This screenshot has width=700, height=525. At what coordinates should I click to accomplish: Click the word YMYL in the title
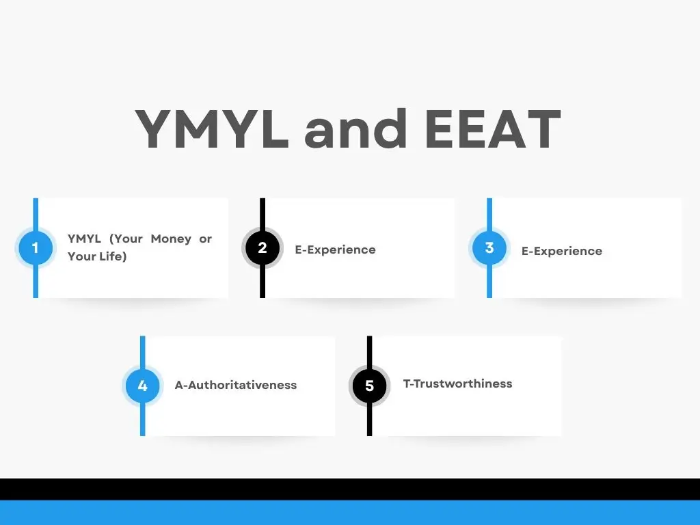coord(212,129)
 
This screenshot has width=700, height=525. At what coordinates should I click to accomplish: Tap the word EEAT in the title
coord(493,129)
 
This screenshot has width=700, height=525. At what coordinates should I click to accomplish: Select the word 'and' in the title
coord(355,128)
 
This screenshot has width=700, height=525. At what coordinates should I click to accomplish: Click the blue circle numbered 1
coord(36,247)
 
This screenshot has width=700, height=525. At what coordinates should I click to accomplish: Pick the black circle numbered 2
coord(262,247)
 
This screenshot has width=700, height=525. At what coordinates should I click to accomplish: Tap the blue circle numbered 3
coord(489,247)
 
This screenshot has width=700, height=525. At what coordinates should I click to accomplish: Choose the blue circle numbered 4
coord(142,386)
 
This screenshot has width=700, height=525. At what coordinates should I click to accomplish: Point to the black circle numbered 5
coord(369,386)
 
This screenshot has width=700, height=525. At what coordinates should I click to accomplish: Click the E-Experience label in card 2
coord(335,250)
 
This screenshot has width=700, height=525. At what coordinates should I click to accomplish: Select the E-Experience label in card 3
coord(562,252)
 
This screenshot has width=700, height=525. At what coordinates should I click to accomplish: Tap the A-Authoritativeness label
coord(236,385)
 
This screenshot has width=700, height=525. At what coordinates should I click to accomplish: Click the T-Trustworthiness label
coord(457,383)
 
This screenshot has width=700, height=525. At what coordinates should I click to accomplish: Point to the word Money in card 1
coord(171,239)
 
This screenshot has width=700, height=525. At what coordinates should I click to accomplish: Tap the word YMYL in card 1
coord(84,239)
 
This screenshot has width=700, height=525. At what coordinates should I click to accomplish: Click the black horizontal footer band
coord(350,489)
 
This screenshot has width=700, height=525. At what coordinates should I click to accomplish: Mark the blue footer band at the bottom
coord(350,513)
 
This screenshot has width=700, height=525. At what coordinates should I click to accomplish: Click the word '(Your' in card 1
coord(126,239)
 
